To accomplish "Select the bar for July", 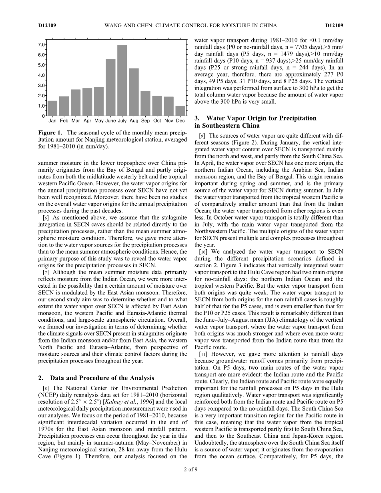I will pyautogui.click(x=122, y=80).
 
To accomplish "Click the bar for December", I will pyautogui.click(x=180, y=111).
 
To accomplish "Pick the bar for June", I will pyautogui.click(x=110, y=88).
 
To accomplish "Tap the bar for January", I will pyautogui.click(x=52, y=108).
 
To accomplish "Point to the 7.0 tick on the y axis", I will pyautogui.click(x=41, y=44).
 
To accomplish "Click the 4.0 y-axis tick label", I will pyautogui.click(x=41, y=75).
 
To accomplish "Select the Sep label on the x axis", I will pyautogui.click(x=145, y=120).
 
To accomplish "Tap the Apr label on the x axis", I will pyautogui.click(x=87, y=120).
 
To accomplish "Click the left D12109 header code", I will pyautogui.click(x=47, y=26).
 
